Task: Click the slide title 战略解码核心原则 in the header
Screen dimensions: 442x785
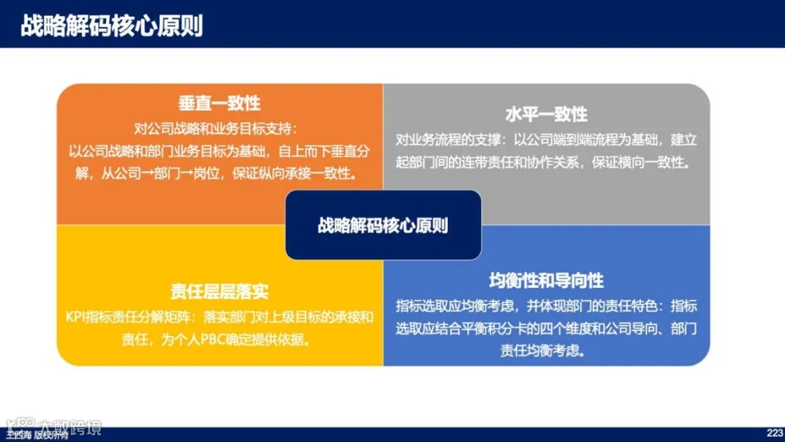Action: click(x=111, y=26)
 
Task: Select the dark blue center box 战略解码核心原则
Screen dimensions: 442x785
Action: click(x=383, y=225)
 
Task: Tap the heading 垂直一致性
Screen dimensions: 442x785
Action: click(x=220, y=103)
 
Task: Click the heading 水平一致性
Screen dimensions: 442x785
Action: click(x=546, y=115)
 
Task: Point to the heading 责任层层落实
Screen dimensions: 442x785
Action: click(x=220, y=292)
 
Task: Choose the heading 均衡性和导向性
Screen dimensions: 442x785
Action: click(x=546, y=281)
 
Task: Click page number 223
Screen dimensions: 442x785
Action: click(x=773, y=432)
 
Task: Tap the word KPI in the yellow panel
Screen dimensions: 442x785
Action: click(x=75, y=317)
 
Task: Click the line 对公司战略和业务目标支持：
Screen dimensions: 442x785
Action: click(x=216, y=129)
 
